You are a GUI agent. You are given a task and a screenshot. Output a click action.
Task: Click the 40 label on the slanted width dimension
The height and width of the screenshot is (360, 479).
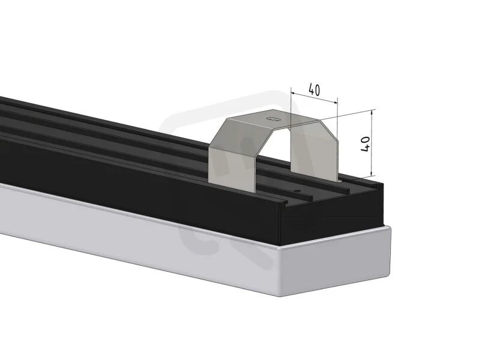tap(315, 89)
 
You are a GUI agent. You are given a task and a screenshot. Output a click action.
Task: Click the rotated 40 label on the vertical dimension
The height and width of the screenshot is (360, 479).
tap(366, 144)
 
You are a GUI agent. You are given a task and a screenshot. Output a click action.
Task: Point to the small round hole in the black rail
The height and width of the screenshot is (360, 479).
tap(297, 191)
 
